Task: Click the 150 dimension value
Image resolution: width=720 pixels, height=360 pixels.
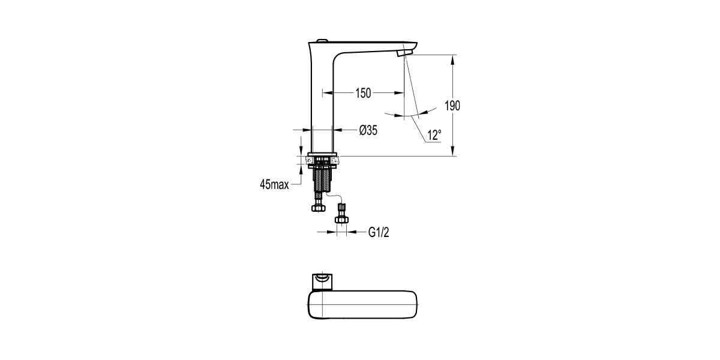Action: pyautogui.click(x=363, y=92)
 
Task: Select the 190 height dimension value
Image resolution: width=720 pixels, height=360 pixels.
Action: pyautogui.click(x=452, y=106)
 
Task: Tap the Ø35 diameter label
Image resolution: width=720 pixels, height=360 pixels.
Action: pyautogui.click(x=368, y=130)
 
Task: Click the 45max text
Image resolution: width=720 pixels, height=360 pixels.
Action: pyautogui.click(x=275, y=185)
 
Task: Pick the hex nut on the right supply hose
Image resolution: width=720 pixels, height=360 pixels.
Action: pyautogui.click(x=341, y=220)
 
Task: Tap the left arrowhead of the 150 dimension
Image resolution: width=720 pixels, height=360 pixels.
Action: pyautogui.click(x=328, y=92)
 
